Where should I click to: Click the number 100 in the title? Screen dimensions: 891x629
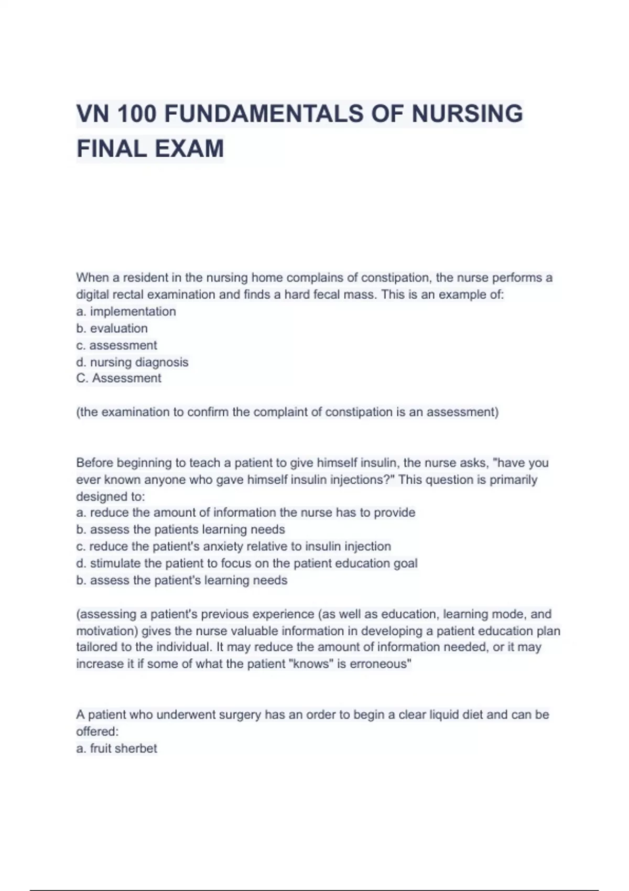(137, 114)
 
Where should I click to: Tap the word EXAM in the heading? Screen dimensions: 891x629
(189, 148)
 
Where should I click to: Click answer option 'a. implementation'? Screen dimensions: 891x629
(126, 311)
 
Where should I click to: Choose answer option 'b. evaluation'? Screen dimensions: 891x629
(112, 329)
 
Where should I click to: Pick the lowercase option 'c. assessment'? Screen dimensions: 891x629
(116, 345)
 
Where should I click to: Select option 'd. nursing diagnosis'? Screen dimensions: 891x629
(132, 362)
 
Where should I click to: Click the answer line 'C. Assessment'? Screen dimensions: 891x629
(118, 378)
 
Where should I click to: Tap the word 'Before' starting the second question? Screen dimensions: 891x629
(94, 463)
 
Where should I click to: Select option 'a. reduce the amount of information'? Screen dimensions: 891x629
(245, 513)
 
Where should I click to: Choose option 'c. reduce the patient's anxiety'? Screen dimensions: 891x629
(233, 547)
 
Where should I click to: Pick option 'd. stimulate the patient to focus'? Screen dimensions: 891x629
(246, 563)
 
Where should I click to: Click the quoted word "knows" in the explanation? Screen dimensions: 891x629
(311, 664)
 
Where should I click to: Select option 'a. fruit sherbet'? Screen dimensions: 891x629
(116, 748)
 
